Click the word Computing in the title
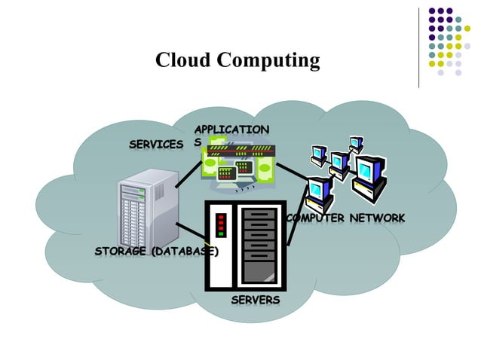tap(267, 61)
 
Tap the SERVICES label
tap(156, 144)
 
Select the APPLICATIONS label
tap(231, 130)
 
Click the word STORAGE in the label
tap(121, 251)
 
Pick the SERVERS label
tap(255, 300)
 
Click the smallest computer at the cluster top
tap(356, 142)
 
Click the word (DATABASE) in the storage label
tap(185, 251)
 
